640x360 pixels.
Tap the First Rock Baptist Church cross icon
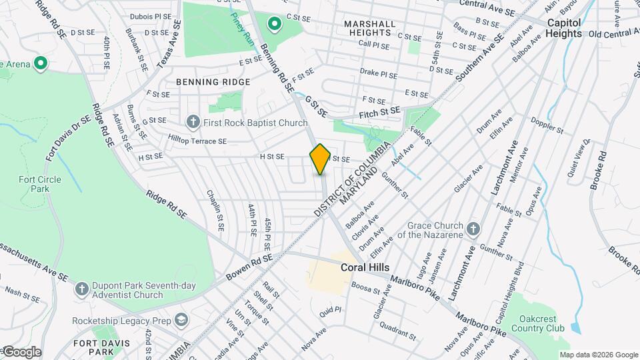193,122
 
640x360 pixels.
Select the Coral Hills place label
365,267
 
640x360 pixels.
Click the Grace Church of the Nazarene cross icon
473,230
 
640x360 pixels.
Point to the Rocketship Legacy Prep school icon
181,319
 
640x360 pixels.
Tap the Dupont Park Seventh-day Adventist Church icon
81,289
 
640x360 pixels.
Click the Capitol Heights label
564,27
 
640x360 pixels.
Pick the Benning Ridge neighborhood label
213,82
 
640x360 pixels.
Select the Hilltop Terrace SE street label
197,141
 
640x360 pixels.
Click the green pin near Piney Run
274,25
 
